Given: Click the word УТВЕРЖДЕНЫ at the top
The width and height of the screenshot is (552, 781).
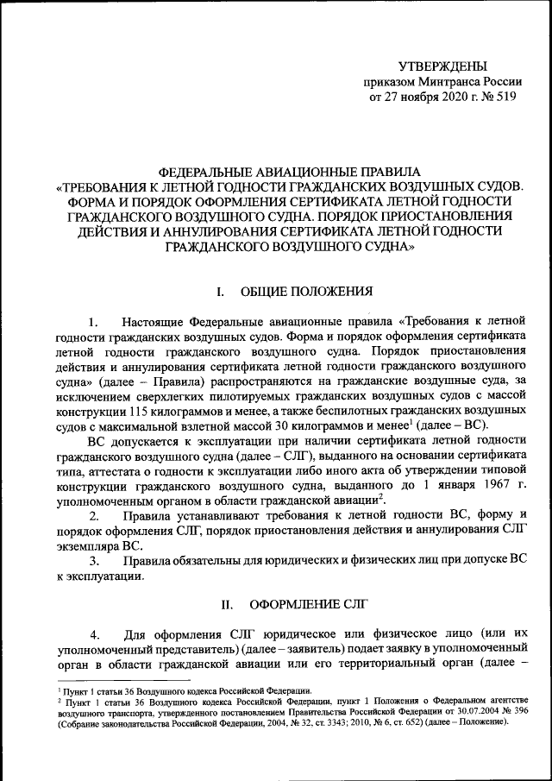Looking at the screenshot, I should [442, 66].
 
